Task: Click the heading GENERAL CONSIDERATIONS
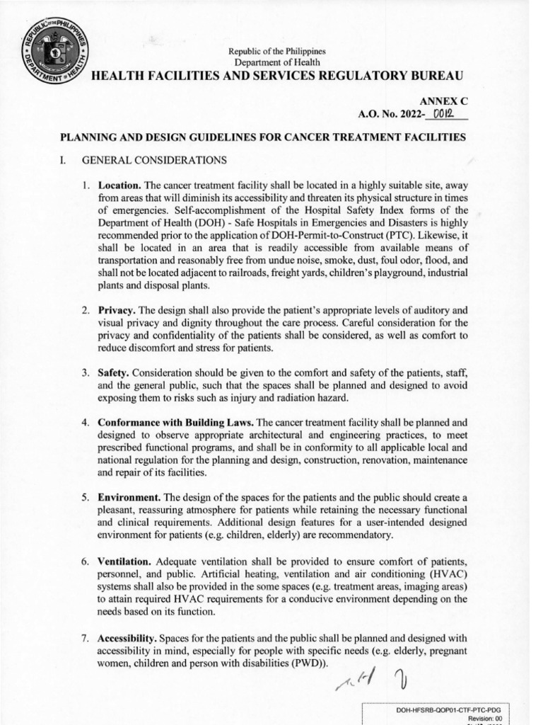tap(154, 160)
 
